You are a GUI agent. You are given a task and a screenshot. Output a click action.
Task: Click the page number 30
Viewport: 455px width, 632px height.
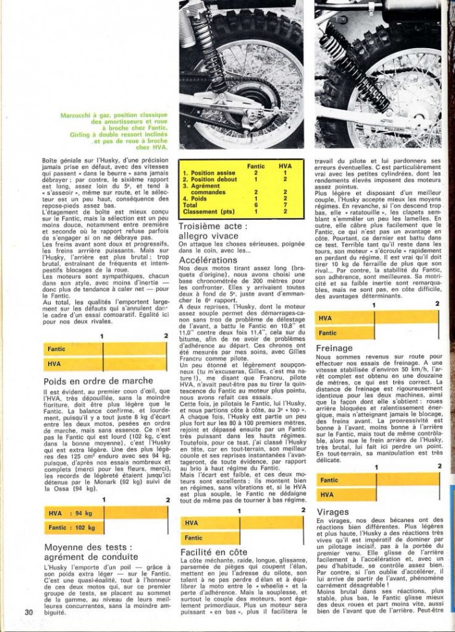[29, 611]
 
